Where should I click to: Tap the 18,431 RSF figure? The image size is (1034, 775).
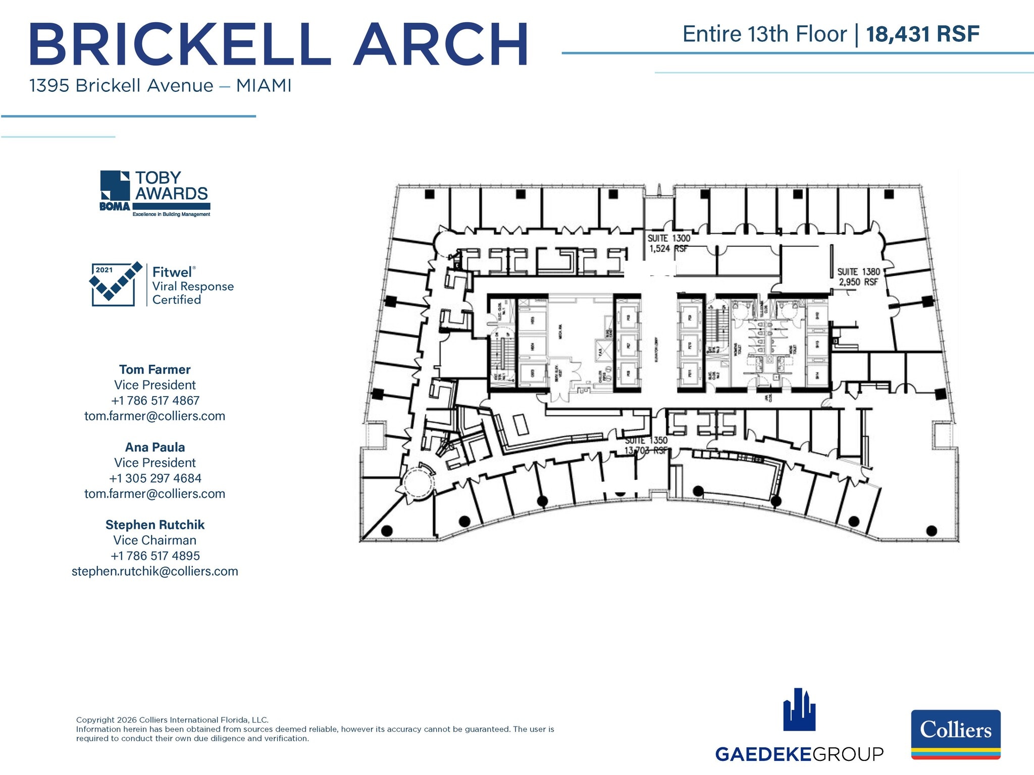922,34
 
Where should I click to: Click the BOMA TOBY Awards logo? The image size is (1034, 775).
155,194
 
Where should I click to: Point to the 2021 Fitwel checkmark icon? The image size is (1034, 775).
114,284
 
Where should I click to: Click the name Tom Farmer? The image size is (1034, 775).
154,369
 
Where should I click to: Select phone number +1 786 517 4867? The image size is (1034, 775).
155,401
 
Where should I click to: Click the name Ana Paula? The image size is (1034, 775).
154,447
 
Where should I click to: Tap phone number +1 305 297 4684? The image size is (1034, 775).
155,478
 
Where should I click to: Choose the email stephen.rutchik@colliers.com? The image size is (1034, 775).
154,571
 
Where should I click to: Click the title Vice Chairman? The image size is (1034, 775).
154,540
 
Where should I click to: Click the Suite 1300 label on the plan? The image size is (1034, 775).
668,238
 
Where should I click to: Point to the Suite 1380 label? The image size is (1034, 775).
858,272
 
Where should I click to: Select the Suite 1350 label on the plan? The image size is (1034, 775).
646,440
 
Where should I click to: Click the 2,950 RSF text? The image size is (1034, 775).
858,283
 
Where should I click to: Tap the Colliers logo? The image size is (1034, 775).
955,734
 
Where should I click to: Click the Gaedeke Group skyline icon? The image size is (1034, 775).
799,710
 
